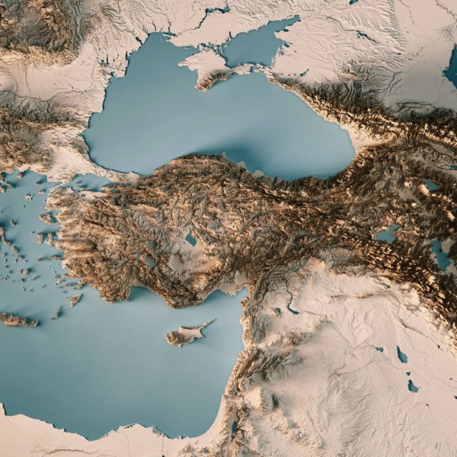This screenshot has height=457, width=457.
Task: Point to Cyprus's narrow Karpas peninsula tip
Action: (x=213, y=322)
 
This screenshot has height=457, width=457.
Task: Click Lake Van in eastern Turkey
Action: (x=386, y=235)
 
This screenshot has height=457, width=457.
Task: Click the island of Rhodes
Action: (x=75, y=299)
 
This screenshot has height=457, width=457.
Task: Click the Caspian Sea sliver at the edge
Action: (x=452, y=71)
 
